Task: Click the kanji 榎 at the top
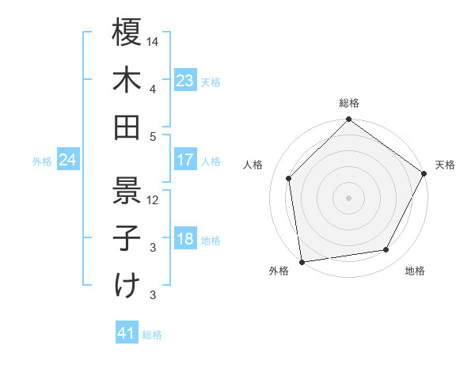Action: pos(127,33)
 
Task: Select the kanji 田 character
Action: pos(127,127)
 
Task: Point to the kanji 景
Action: pos(127,190)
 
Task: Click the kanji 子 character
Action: pos(127,238)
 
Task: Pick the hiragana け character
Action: pos(127,286)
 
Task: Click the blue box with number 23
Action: pos(184,81)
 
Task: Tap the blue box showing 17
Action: pos(184,160)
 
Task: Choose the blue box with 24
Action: pos(67,161)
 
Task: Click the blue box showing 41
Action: pos(127,334)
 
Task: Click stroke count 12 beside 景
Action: pos(154,199)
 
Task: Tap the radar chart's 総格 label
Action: pos(348,103)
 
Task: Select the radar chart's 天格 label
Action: pos(445,165)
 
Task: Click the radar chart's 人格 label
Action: pos(253,165)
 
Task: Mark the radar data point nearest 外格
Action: pos(302,261)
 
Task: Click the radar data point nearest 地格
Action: pos(386,250)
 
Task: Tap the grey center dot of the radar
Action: pos(348,197)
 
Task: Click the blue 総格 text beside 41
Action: pos(152,335)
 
